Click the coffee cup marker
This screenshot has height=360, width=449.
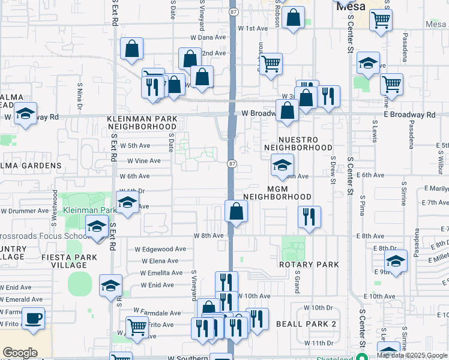[x=33, y=318]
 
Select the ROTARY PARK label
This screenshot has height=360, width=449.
[x=309, y=264]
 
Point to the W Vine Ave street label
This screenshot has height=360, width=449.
[x=143, y=161]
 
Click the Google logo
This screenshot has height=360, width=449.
[x=20, y=353]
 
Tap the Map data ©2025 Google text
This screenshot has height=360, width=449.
[x=412, y=355]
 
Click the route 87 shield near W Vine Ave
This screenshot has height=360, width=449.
[x=231, y=164]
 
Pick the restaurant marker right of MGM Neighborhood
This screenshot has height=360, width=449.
[x=309, y=217]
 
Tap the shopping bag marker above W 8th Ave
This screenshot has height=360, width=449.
[x=236, y=211]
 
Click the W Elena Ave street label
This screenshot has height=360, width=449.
[x=160, y=261]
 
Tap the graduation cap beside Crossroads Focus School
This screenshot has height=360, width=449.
[x=96, y=227]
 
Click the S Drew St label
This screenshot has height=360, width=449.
[x=332, y=166]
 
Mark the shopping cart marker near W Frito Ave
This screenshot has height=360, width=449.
[x=137, y=328]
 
